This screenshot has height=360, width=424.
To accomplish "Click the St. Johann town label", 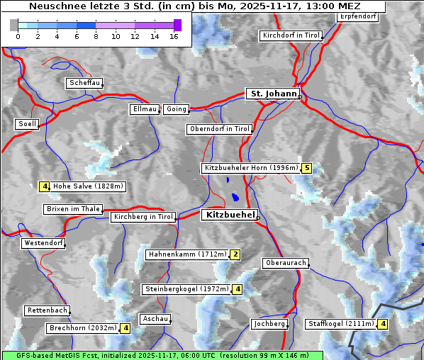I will pos(273,94).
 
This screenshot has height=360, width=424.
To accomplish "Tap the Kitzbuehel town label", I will pos(229,215).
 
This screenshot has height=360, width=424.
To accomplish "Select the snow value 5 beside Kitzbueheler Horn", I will pos(306,169).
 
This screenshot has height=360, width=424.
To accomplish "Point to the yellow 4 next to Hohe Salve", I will pos(44,187).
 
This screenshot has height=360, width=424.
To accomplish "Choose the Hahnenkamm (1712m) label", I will pos(186,254).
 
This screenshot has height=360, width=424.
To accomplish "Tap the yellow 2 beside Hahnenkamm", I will pos(235,254).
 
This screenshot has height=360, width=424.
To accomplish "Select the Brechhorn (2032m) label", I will pos(82,328).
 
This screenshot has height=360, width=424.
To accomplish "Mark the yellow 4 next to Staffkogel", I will pos(383,325).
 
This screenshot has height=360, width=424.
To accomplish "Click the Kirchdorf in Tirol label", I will pos(291,35).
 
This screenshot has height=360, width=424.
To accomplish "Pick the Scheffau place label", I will pos(84,83).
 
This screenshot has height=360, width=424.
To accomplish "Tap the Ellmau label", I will pos(145,109).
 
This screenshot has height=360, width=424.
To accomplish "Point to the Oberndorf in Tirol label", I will pos(219,129).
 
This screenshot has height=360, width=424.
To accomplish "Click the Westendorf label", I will pos(43,243).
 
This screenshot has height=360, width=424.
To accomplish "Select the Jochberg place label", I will pos(269,324).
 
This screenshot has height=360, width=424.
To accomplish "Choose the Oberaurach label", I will pos(285,263).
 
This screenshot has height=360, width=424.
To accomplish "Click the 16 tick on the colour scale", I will pos(174,36).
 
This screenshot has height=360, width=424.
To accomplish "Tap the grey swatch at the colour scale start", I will pos(14,25).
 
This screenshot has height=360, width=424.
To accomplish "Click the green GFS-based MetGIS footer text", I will pos(162,355).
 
